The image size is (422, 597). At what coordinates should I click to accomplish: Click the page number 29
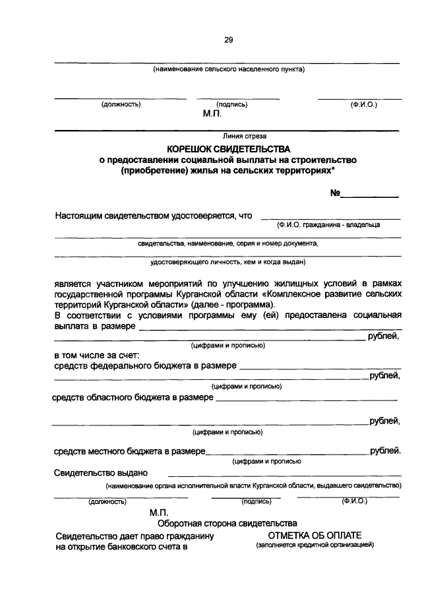[228, 40]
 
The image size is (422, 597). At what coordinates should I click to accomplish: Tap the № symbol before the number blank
[335, 193]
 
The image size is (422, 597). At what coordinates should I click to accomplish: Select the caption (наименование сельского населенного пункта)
[228, 69]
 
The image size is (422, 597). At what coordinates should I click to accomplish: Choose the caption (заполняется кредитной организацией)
[315, 546]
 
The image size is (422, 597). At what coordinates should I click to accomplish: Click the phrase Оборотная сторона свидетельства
[227, 523]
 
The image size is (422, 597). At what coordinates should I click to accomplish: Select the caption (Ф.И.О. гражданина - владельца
[329, 225]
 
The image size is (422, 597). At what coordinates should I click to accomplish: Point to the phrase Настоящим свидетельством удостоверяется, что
[154, 215]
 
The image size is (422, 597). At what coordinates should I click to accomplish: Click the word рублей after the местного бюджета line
[384, 452]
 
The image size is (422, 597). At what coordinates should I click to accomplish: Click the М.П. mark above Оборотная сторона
[160, 512]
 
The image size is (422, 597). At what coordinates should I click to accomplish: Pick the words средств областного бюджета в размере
[132, 398]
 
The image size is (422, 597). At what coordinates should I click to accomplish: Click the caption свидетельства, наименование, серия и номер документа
[227, 243]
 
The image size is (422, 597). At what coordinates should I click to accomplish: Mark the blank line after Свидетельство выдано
[284, 475]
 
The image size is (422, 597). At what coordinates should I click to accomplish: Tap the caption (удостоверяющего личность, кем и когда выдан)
[227, 262]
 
